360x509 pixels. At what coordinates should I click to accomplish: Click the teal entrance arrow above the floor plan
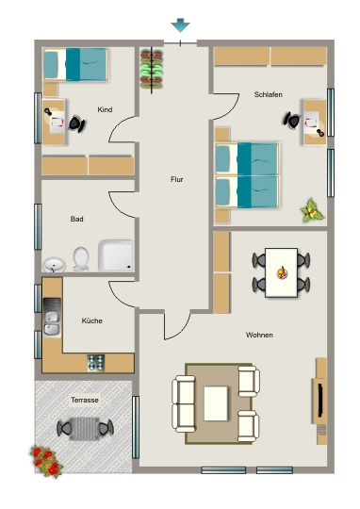[x=180, y=25]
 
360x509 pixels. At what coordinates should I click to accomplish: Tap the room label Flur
[x=177, y=179]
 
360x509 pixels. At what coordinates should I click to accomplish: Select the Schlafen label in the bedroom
[x=269, y=94]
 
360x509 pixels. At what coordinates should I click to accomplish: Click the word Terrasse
[x=85, y=400]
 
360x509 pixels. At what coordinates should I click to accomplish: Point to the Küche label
[x=91, y=320]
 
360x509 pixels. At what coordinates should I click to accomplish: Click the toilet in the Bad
[x=81, y=259]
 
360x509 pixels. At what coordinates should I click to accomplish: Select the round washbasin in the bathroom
[x=55, y=265]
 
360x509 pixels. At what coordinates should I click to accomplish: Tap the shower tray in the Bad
[x=116, y=255]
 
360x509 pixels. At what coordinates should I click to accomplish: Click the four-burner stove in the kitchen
[x=96, y=363]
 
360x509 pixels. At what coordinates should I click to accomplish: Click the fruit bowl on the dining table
[x=282, y=272]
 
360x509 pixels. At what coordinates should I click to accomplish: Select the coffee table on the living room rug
[x=216, y=403]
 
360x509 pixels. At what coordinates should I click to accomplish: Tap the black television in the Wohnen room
[x=320, y=400]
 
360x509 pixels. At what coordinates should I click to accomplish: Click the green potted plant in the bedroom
[x=312, y=211]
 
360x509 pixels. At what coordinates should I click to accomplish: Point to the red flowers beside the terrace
[x=46, y=461]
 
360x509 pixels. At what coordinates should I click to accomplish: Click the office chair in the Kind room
[x=76, y=123]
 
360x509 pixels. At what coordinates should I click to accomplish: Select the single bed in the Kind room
[x=75, y=65]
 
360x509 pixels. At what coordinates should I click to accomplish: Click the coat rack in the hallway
[x=152, y=70]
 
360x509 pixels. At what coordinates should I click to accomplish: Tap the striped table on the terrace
[x=85, y=429]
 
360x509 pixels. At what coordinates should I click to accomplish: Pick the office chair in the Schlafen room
[x=292, y=121]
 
